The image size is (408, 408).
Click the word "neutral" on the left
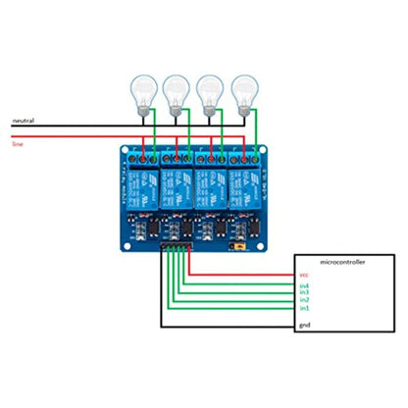coord(23,121)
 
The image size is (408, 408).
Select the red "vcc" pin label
coord(304,276)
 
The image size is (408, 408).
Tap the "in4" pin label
coord(304,285)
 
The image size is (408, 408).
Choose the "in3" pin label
coord(304,292)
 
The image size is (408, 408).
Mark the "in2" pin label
coord(304,300)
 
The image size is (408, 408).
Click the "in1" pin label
coord(304,308)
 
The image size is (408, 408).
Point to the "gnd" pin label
coord(304,325)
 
